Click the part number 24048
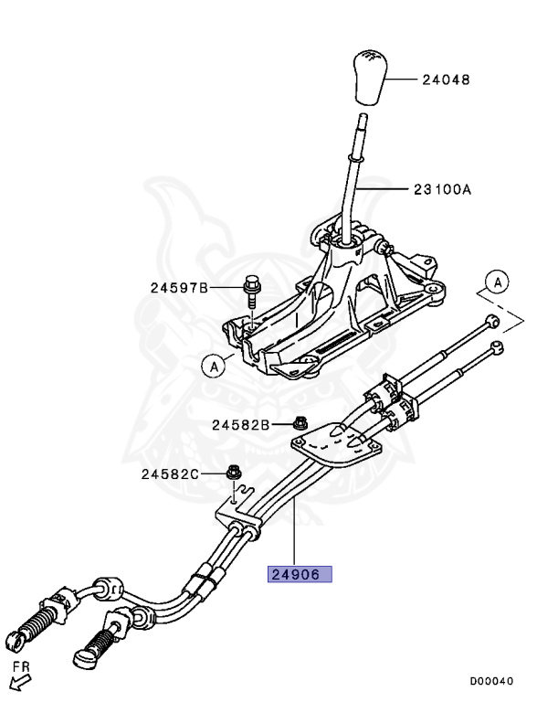click(446, 80)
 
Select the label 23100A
click(441, 190)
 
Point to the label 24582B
click(241, 425)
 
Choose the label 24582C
click(170, 474)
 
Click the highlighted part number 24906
click(299, 575)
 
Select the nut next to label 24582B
click(300, 423)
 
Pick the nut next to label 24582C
click(233, 473)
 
